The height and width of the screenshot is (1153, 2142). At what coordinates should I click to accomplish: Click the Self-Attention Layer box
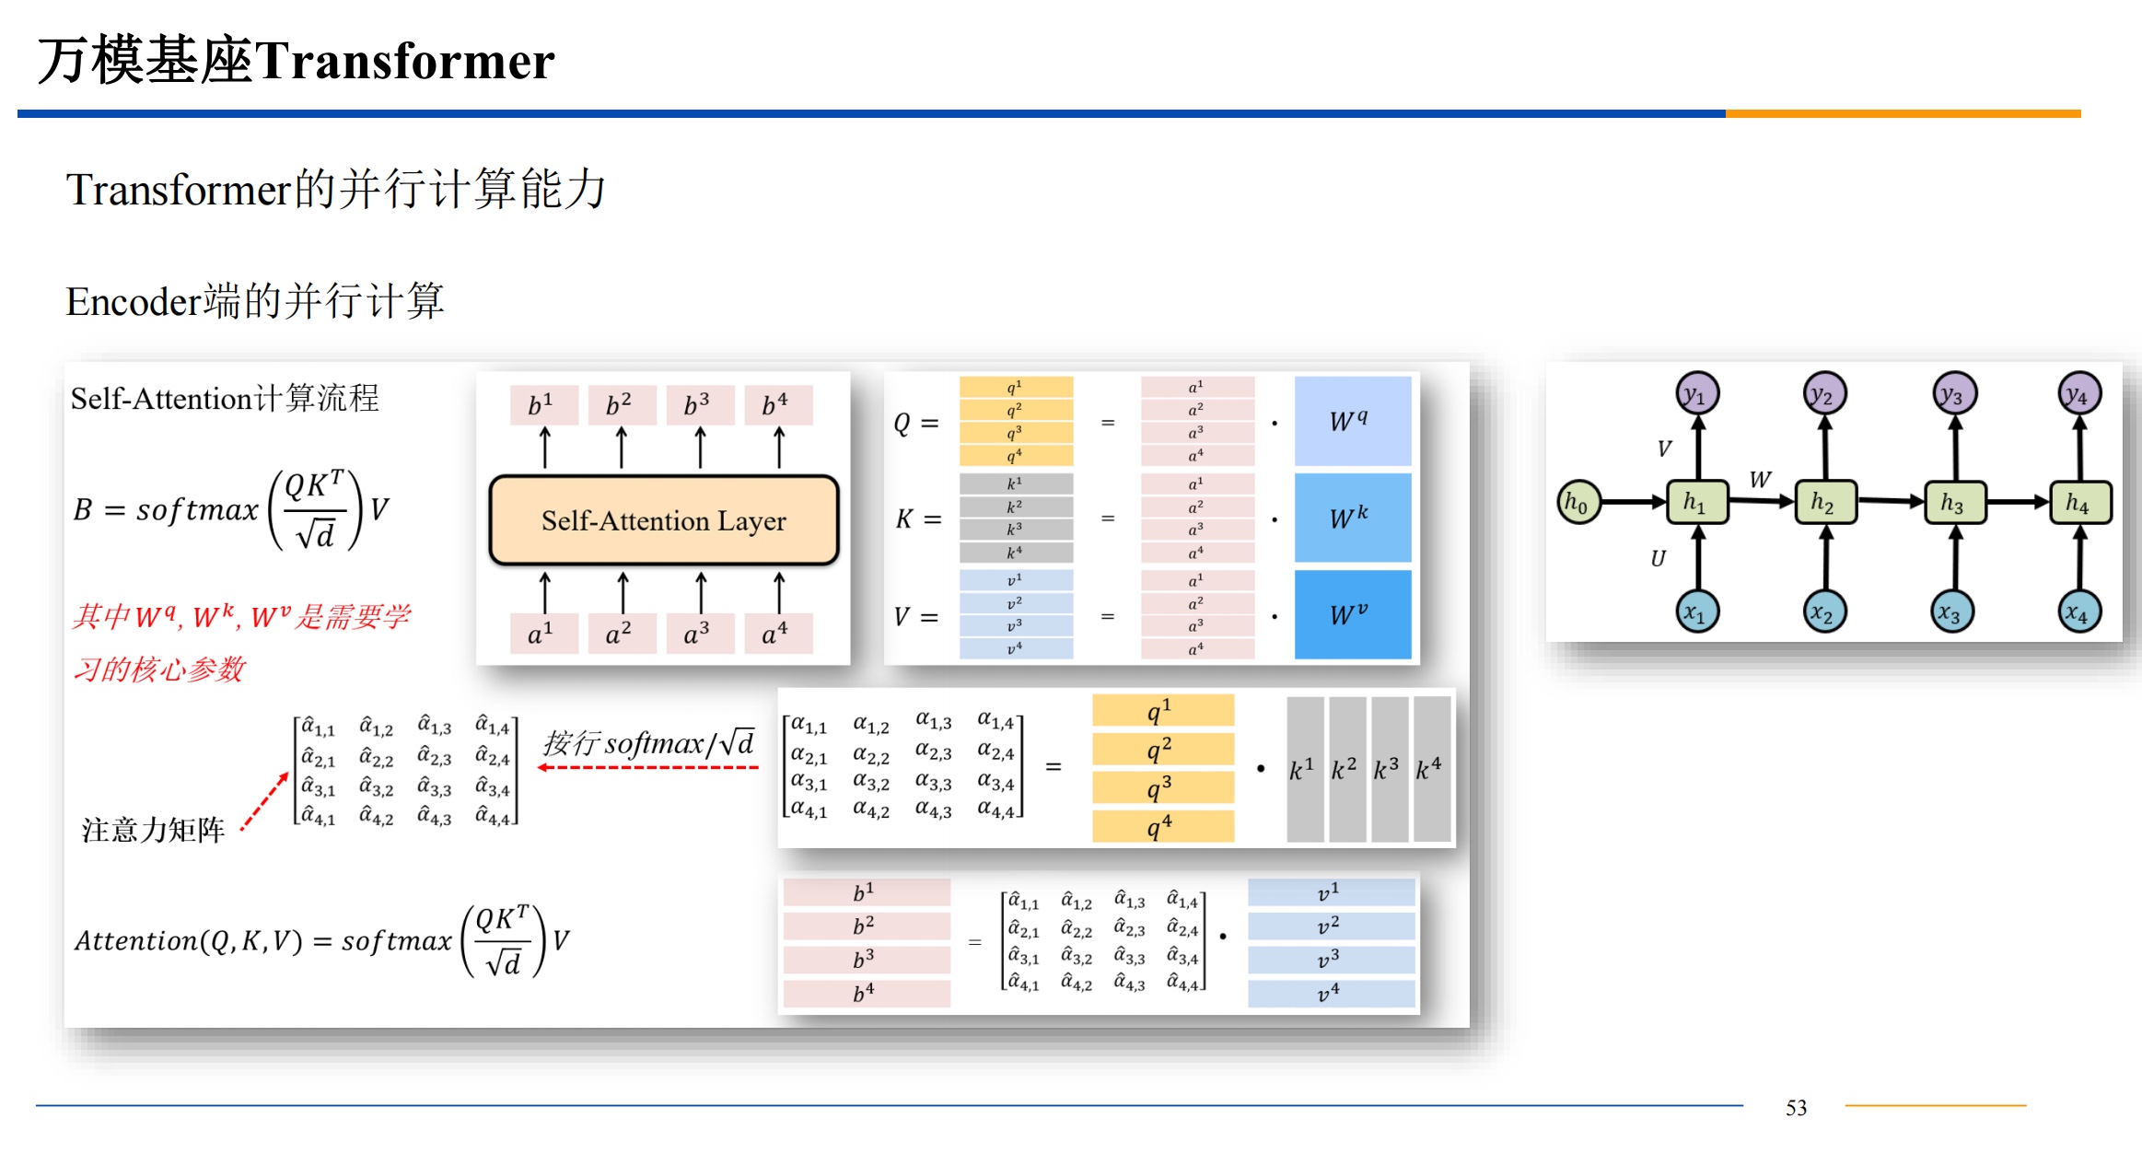(x=663, y=520)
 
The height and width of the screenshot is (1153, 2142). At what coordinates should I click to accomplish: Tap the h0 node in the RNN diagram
(x=1577, y=502)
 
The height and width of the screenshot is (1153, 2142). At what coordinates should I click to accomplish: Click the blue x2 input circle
(x=1823, y=612)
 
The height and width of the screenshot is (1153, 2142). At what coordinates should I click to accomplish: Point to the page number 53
(x=1796, y=1107)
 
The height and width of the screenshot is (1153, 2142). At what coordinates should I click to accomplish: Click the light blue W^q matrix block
(x=1352, y=421)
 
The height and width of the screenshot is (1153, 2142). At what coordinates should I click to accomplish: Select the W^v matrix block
(x=1352, y=614)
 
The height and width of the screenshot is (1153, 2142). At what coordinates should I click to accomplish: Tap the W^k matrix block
(x=1352, y=518)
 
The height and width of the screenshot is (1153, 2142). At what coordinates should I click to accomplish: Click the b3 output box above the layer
(x=698, y=405)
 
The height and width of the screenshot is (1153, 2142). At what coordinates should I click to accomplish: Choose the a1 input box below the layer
(x=542, y=634)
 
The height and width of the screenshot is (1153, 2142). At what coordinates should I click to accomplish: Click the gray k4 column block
(x=1431, y=769)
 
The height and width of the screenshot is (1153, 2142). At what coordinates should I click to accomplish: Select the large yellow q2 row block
(x=1162, y=750)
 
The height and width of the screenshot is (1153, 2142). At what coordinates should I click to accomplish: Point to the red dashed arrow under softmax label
(x=648, y=767)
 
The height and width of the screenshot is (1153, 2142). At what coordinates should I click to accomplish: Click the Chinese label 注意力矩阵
(x=153, y=830)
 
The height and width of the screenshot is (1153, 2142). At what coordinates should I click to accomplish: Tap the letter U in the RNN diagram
(x=1658, y=558)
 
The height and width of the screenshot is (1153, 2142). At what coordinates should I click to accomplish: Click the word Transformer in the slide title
(x=405, y=62)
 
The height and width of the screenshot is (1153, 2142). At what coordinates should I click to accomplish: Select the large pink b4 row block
(x=866, y=993)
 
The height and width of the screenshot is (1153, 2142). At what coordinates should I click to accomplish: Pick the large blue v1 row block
(x=1330, y=892)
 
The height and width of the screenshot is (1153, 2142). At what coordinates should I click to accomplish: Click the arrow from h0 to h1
(x=1635, y=502)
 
